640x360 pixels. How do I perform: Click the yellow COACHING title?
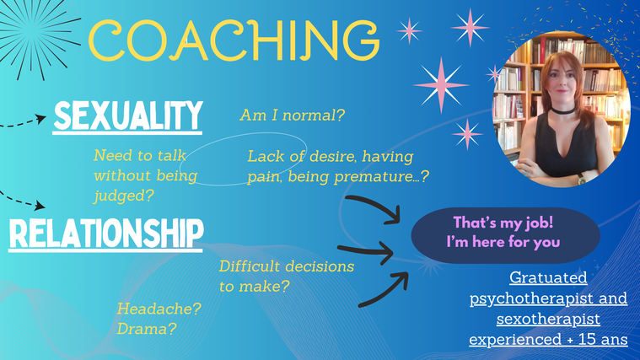pos(234,40)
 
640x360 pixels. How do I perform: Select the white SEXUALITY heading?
pos(128,116)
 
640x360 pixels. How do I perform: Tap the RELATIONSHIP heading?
pos(106,234)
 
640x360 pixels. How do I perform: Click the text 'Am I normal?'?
pos(293,116)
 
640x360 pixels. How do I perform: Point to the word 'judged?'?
pos(124,196)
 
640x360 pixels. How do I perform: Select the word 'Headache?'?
pos(159,309)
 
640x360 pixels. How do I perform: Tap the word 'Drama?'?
pos(147,329)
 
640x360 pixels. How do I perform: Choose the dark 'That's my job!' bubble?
pos(505,235)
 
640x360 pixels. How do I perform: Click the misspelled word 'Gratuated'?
pos(548,277)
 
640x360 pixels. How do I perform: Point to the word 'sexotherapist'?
pos(548,319)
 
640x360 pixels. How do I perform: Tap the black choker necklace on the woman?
pos(563,110)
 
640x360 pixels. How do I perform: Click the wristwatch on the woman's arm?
pos(581,178)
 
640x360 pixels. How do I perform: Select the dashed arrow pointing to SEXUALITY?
pos(23,122)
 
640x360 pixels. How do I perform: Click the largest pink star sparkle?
pos(441,85)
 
